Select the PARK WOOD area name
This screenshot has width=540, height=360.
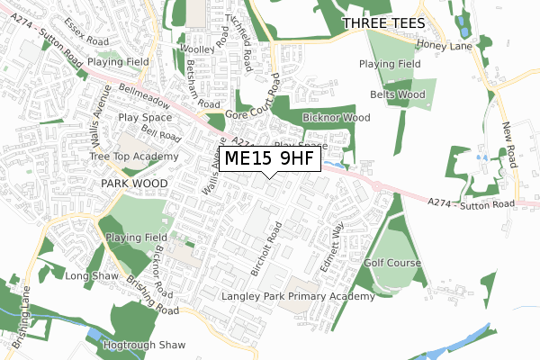pos(134,182)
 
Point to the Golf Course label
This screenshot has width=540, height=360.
pos(392,263)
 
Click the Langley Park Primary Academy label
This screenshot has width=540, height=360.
pos(298,296)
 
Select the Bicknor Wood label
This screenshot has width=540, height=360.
pos(337,118)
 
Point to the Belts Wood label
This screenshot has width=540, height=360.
pos(397,94)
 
